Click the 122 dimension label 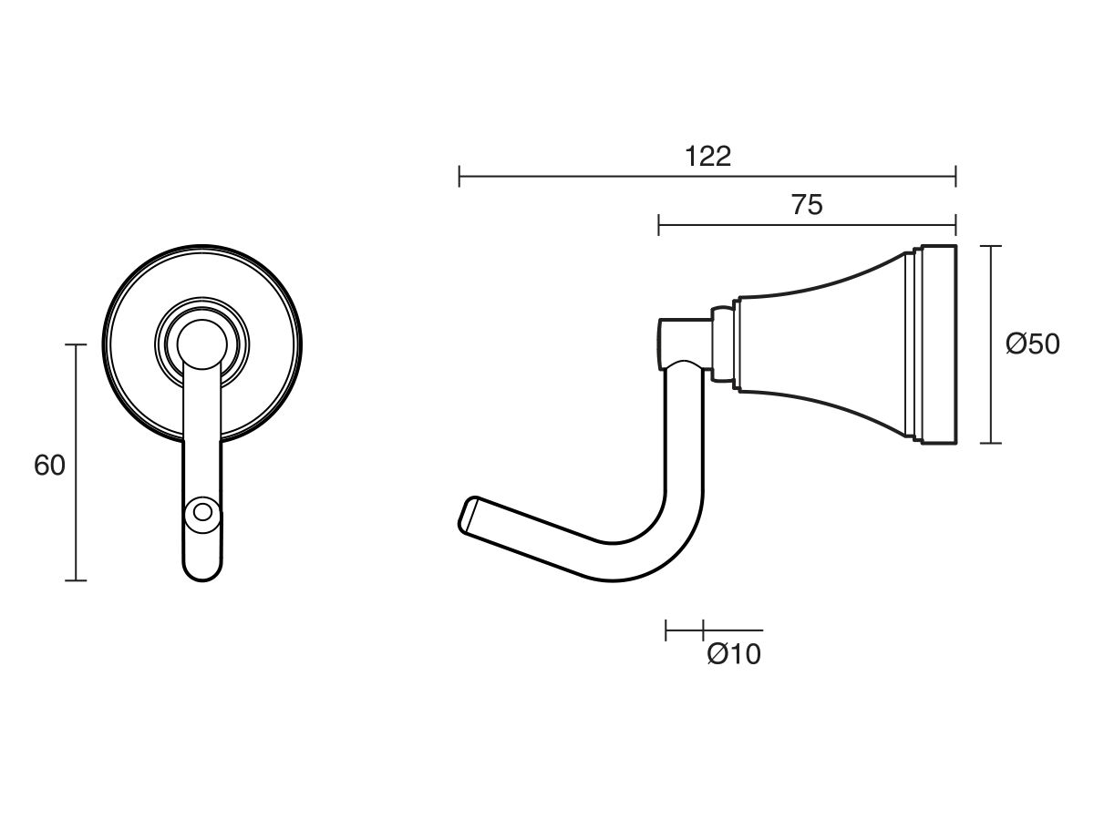point(707,157)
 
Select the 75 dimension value point(806,206)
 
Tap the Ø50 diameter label point(1032,344)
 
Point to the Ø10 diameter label point(734,654)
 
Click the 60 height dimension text point(49,466)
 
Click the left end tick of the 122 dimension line point(459,176)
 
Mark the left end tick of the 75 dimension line point(659,224)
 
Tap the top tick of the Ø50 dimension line point(990,246)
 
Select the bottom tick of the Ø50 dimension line point(990,444)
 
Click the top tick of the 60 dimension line point(76,344)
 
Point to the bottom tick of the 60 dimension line point(76,579)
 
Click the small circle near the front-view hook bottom point(201,512)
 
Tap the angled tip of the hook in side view point(467,516)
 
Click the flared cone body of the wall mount point(820,344)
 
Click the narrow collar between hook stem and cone point(722,344)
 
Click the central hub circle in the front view point(201,344)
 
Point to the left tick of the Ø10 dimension point(666,630)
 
